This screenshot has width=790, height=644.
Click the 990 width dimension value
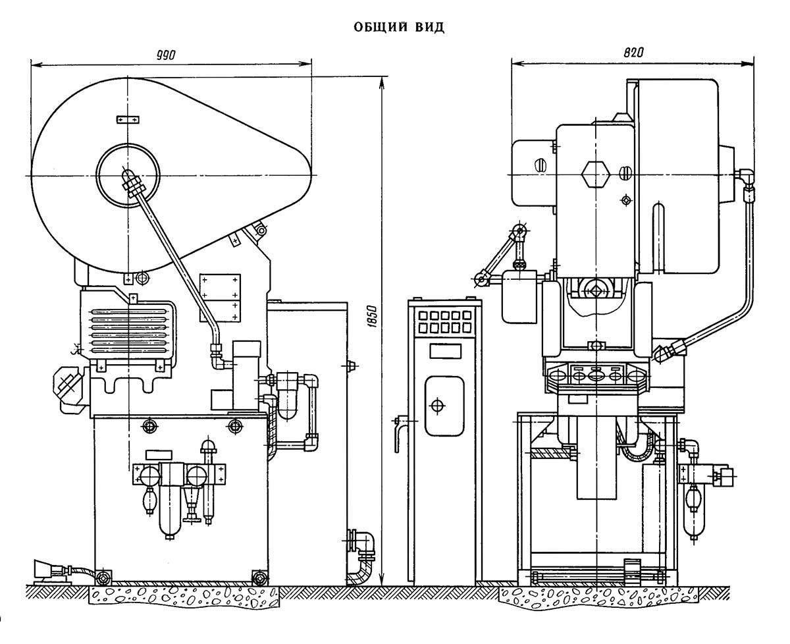[166, 55]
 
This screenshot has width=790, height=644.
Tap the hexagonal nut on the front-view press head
[594, 174]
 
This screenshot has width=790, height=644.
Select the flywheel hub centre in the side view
[127, 175]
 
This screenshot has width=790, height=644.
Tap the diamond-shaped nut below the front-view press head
[596, 290]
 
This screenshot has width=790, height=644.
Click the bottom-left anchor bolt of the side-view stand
[103, 577]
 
